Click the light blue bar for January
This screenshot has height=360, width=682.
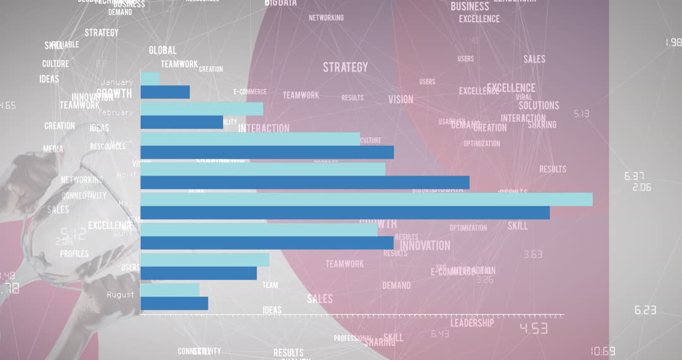[150, 78]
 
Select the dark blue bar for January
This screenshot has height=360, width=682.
[165, 92]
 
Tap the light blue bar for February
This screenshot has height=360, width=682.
[201, 109]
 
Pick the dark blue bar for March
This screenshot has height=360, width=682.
[266, 152]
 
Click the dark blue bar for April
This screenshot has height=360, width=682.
[304, 183]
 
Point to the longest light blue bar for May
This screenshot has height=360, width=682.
[366, 199]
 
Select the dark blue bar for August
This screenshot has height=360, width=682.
[174, 303]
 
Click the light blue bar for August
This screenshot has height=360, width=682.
[169, 289]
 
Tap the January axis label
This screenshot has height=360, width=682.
[117, 82]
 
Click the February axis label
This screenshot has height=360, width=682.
[116, 112]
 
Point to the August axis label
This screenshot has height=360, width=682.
[120, 294]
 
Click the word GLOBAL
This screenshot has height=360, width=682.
[162, 50]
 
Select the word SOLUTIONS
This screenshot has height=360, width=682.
[539, 105]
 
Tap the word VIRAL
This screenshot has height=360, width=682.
[523, 97]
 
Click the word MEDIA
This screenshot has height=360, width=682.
[53, 149]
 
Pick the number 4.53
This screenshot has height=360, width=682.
[533, 328]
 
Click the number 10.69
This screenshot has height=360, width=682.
[602, 351]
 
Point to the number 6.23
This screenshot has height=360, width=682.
[645, 310]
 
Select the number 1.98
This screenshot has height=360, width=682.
[673, 42]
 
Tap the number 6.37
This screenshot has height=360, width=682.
[633, 176]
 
